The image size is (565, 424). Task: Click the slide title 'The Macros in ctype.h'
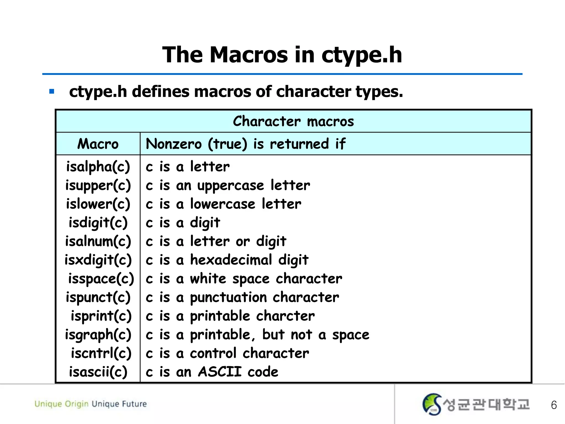click(x=282, y=55)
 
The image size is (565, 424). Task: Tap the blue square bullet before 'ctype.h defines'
click(x=52, y=91)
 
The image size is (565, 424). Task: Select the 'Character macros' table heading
click(x=293, y=121)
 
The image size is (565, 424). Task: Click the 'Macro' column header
click(x=98, y=144)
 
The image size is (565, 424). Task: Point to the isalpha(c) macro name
click(x=98, y=167)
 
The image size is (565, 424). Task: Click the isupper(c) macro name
click(x=98, y=185)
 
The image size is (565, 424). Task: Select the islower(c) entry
click(x=98, y=204)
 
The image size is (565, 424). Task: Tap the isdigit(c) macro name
click(x=98, y=223)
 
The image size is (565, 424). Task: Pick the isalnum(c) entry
click(x=98, y=241)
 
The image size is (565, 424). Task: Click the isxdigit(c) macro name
click(x=98, y=260)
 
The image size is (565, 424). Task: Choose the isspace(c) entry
click(x=101, y=279)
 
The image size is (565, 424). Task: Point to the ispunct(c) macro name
click(x=98, y=298)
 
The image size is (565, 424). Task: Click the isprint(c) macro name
click(x=101, y=316)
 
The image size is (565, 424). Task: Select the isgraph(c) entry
click(x=98, y=335)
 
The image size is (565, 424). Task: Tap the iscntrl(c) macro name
click(x=101, y=353)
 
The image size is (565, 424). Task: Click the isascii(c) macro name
click(x=98, y=372)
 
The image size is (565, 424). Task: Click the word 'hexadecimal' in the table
click(x=231, y=260)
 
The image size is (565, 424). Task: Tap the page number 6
click(x=554, y=405)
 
